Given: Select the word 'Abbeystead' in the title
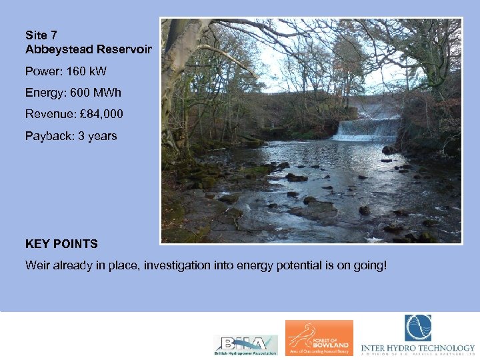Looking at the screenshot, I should coord(52,50).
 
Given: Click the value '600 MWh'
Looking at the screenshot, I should coord(96,93).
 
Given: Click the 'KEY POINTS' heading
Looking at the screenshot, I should coord(61,244).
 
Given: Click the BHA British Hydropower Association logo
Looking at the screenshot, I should coord(245,345).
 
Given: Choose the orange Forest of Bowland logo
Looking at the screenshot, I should coord(319,338).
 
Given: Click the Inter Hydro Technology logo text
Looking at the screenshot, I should coord(418,348).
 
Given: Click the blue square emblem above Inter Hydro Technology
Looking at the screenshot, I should coord(418,327).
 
